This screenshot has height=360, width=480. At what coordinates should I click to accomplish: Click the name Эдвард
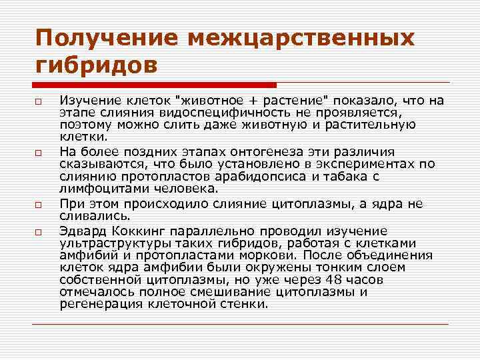(x=81, y=231)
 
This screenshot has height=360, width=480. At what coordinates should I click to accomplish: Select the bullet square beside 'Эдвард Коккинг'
(x=40, y=231)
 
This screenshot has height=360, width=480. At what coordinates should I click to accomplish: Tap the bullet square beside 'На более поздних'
(x=40, y=152)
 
